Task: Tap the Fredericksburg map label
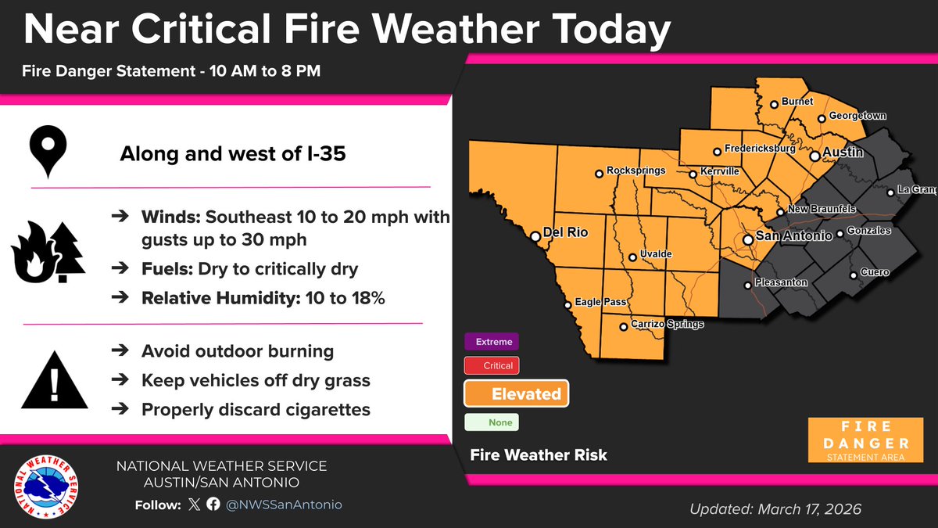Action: [x=760, y=148]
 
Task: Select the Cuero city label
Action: [x=875, y=273]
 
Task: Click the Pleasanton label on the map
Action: [x=782, y=282]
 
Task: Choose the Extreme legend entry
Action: [x=492, y=342]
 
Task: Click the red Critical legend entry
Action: [x=492, y=365]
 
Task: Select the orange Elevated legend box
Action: [x=517, y=394]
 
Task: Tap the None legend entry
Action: [x=492, y=422]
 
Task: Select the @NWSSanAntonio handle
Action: [x=285, y=505]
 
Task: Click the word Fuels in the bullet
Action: [x=166, y=269]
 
